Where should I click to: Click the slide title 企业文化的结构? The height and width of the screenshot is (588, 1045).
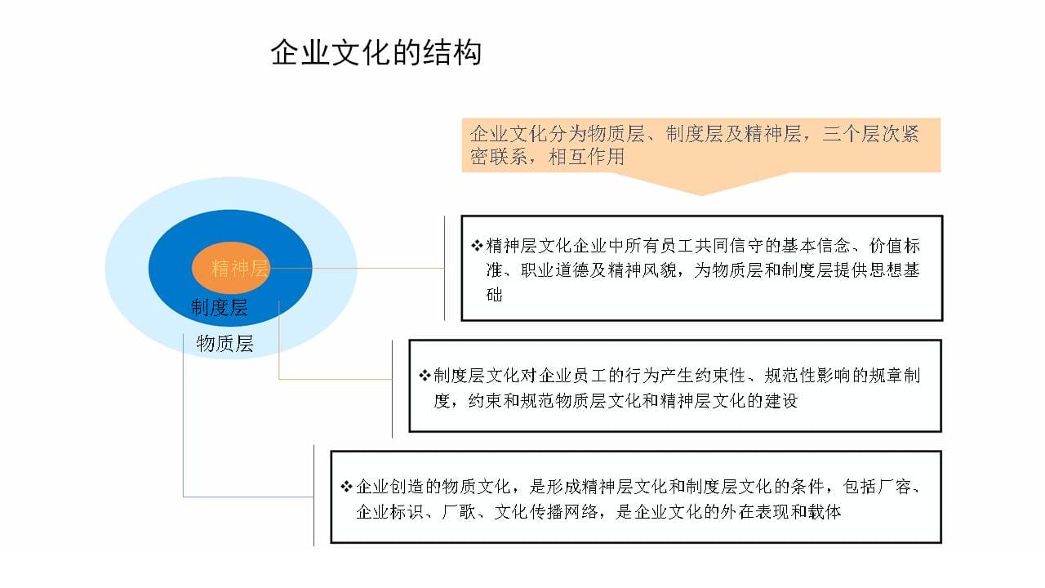click(376, 52)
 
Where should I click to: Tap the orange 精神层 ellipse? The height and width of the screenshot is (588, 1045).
click(230, 268)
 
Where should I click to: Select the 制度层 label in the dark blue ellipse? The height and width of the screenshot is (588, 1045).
click(220, 308)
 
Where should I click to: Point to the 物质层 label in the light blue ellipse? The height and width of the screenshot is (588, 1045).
click(225, 344)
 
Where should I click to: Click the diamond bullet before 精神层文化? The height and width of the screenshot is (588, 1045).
click(477, 246)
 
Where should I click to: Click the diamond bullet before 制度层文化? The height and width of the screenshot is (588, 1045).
click(425, 375)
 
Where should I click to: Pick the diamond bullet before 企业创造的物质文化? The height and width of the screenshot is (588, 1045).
click(346, 487)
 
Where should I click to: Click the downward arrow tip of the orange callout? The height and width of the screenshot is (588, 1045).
click(701, 195)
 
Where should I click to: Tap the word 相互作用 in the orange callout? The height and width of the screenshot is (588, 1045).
click(586, 156)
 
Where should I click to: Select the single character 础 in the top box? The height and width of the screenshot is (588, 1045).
click(495, 295)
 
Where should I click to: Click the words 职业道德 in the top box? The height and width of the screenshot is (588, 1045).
click(555, 270)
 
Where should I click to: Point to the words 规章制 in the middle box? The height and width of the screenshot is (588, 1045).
click(894, 375)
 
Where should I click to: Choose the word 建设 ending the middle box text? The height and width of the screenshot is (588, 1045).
click(780, 400)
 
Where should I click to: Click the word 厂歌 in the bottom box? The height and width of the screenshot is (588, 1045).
click(458, 512)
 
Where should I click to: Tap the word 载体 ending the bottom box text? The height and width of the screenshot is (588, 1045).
click(825, 512)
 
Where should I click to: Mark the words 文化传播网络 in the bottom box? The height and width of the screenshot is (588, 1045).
click(546, 512)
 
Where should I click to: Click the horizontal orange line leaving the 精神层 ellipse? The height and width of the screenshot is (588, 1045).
click(357, 269)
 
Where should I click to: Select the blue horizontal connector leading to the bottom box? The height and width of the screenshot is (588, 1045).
click(248, 497)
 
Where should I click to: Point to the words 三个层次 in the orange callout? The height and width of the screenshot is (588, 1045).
click(861, 133)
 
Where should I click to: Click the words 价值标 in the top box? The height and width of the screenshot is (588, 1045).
click(894, 246)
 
